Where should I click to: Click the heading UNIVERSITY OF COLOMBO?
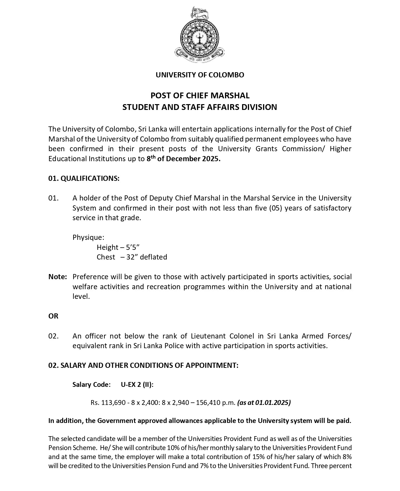point(200,75)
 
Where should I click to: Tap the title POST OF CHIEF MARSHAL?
point(200,96)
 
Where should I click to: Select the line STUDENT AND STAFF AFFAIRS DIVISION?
point(200,107)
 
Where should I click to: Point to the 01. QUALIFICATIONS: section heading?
point(84,179)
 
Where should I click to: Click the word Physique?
point(88,238)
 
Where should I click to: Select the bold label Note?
point(58,277)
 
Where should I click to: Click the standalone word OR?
point(54,316)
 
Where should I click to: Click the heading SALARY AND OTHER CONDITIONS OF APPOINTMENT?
point(149,366)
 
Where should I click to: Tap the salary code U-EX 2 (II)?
point(137,385)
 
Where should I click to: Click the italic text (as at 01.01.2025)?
point(264,403)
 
